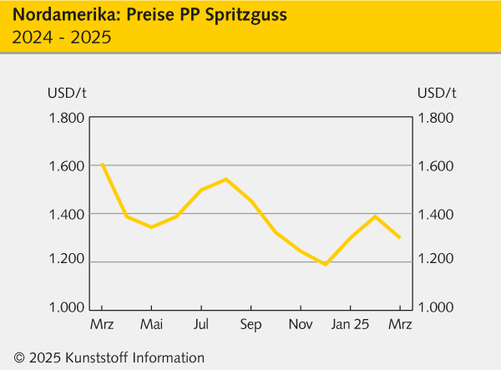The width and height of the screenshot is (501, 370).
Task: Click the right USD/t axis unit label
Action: coord(437,92)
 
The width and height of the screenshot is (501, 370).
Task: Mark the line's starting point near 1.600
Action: coord(102,165)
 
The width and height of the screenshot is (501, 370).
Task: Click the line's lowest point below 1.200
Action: coord(326,264)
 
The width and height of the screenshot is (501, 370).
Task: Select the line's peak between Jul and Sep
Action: coord(226,179)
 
